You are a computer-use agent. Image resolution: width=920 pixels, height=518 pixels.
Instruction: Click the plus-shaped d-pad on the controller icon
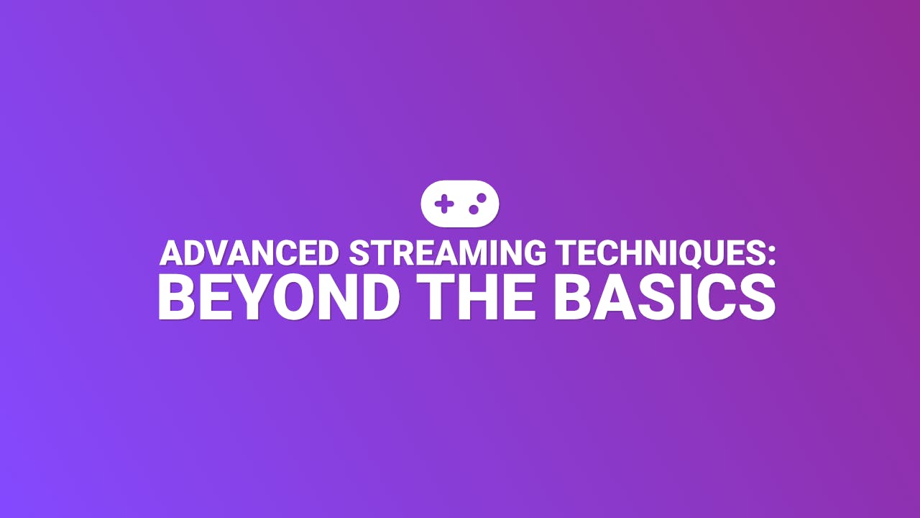(x=445, y=204)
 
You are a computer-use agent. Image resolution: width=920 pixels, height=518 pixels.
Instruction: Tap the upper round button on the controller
(x=482, y=197)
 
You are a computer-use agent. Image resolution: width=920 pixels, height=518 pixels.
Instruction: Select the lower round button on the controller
(x=474, y=209)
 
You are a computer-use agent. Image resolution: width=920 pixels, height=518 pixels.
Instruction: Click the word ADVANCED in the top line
(x=249, y=253)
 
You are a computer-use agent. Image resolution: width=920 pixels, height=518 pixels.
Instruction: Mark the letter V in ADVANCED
(x=212, y=253)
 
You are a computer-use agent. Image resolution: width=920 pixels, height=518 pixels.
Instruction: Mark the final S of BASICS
(x=757, y=298)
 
